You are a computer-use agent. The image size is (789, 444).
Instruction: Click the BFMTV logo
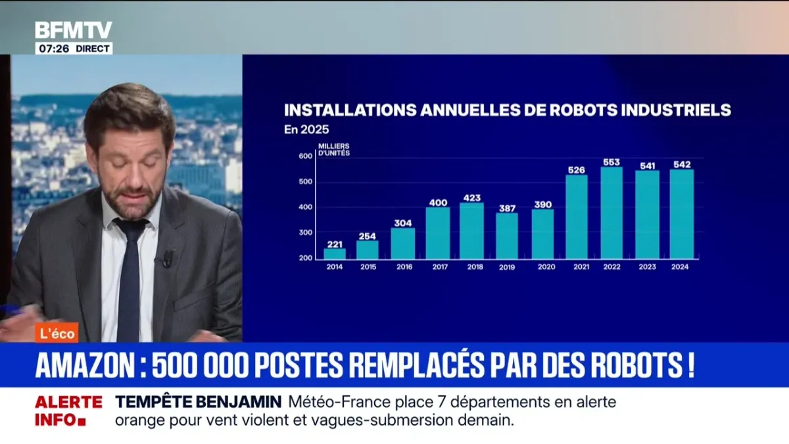(74, 30)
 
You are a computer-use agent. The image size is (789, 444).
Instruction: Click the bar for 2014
(335, 253)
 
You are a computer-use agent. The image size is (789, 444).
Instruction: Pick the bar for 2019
(507, 235)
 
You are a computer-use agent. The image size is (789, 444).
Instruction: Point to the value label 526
(577, 170)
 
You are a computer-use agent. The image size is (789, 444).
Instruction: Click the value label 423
(472, 197)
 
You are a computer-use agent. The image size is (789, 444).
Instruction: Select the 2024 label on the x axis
(681, 267)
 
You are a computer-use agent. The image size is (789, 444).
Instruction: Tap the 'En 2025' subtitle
(306, 130)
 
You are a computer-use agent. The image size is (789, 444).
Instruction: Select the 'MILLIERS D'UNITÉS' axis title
(334, 149)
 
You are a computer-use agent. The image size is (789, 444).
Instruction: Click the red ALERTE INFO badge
(68, 411)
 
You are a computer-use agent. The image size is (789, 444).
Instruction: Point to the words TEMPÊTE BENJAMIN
(199, 402)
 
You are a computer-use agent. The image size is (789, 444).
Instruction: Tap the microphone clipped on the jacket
(168, 259)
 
